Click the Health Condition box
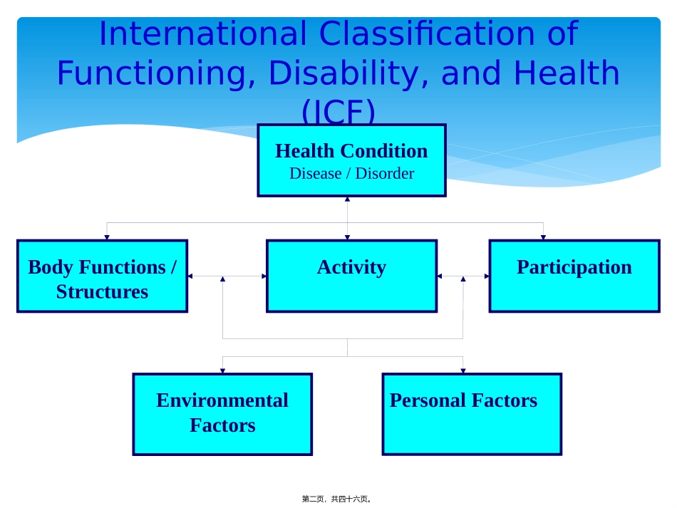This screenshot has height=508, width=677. click(351, 160)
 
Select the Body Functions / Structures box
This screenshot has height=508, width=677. click(103, 276)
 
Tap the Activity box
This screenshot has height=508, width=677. click(351, 276)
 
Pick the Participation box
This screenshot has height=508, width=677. click(574, 276)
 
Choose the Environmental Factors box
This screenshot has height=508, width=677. click(222, 415)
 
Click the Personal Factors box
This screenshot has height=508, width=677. click(472, 415)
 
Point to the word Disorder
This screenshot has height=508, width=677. click(385, 174)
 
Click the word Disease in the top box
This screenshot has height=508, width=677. click(316, 174)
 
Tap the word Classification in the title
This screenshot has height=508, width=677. click(427, 33)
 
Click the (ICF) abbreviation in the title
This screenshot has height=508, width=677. click(338, 111)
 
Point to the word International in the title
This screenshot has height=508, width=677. click(203, 33)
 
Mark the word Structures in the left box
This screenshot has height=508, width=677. click(103, 292)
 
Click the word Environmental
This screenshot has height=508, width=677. click(222, 400)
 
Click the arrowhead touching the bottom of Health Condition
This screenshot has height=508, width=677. click(347, 199)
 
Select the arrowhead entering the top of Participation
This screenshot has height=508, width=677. click(543, 237)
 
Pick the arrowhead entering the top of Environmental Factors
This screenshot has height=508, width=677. click(222, 370)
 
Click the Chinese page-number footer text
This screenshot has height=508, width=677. click(337, 499)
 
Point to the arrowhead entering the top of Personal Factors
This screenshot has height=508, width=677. click(462, 370)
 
